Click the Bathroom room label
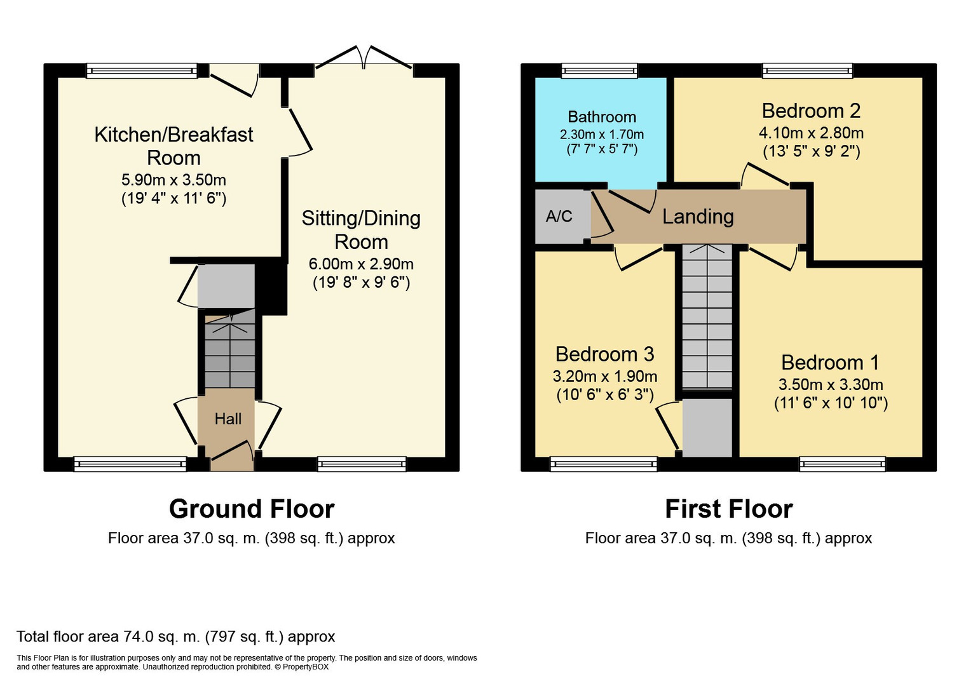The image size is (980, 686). click(x=602, y=117)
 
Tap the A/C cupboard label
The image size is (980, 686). click(x=559, y=216)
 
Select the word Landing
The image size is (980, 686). click(x=698, y=217)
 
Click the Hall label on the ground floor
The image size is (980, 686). click(x=228, y=419)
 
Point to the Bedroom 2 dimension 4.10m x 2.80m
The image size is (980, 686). click(x=811, y=133)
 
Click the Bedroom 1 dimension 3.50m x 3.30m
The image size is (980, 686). click(x=831, y=384)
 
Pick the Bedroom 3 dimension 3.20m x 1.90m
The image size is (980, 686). click(x=604, y=376)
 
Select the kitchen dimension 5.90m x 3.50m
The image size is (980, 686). click(x=174, y=180)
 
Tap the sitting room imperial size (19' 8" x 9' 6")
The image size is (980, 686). click(x=361, y=283)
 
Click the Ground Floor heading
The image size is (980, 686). click(x=252, y=509)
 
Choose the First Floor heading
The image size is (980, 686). click(x=729, y=509)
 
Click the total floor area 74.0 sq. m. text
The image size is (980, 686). click(x=175, y=636)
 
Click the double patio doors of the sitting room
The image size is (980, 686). click(x=364, y=58)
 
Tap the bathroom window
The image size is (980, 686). click(x=599, y=71)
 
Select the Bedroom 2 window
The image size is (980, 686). click(x=807, y=71)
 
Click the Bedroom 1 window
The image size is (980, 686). click(x=842, y=464)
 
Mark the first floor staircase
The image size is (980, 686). click(x=707, y=316)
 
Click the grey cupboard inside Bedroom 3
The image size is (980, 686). click(x=707, y=427)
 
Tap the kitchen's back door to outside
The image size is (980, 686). click(x=235, y=81)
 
